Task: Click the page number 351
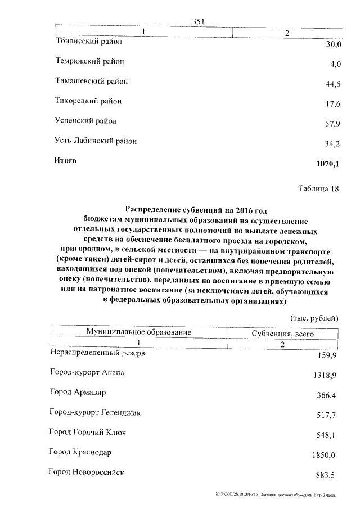pos(197,22)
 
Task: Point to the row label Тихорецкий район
pos(88,101)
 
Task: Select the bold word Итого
pos(65,161)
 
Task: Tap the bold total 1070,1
pos(328,164)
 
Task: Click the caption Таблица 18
pos(318,189)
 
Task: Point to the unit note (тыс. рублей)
pos(314,318)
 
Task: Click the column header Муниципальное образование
pos(139,332)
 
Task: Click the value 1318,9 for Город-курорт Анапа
pos(325,375)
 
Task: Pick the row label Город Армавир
pos(78,391)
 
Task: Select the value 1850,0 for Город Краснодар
pos(325,455)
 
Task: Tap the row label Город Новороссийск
pos(87,472)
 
